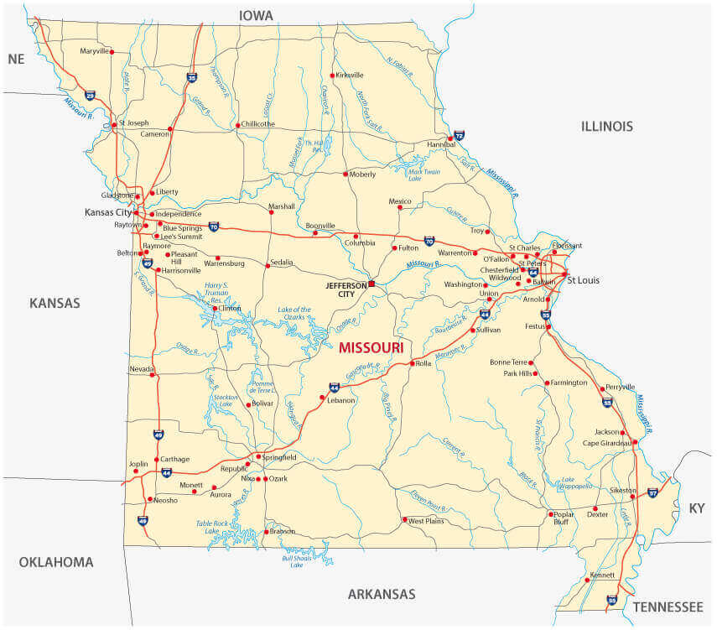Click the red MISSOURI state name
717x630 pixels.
371,347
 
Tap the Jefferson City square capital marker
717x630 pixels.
371,284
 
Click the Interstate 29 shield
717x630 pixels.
90,96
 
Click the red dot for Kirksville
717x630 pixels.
333,75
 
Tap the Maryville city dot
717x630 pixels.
112,52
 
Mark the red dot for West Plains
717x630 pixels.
404,520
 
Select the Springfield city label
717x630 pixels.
279,457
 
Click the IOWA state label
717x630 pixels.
257,15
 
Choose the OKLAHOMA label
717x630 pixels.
56,562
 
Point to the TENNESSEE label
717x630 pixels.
668,607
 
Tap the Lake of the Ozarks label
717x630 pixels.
294,314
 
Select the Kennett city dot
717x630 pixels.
587,580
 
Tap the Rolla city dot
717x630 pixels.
412,363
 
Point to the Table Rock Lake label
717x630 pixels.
212,527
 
